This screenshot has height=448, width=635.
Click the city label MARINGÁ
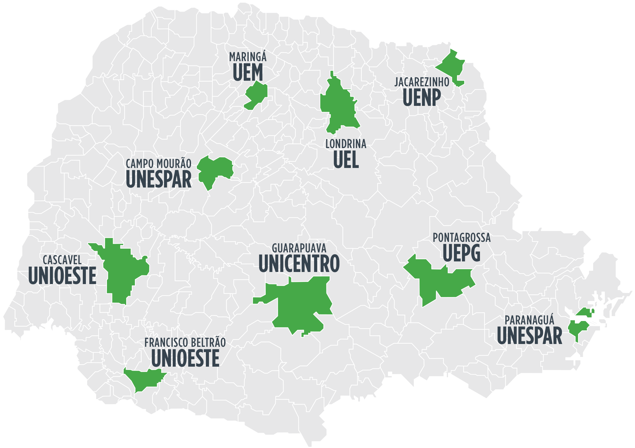(247, 57)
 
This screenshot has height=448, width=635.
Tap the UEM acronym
(247, 72)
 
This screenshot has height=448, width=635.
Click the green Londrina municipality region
(339, 106)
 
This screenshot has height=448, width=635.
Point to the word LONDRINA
(346, 144)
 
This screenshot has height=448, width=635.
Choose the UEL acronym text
(346, 160)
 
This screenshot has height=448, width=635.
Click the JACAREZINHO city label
(422, 82)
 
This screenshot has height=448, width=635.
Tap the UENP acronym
(422, 97)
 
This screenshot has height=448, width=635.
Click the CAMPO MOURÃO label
(158, 164)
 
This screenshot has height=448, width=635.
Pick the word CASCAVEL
(62, 260)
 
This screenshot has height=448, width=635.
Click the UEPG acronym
(461, 253)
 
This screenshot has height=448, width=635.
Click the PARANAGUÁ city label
(529, 320)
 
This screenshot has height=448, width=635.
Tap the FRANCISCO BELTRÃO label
(185, 343)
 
